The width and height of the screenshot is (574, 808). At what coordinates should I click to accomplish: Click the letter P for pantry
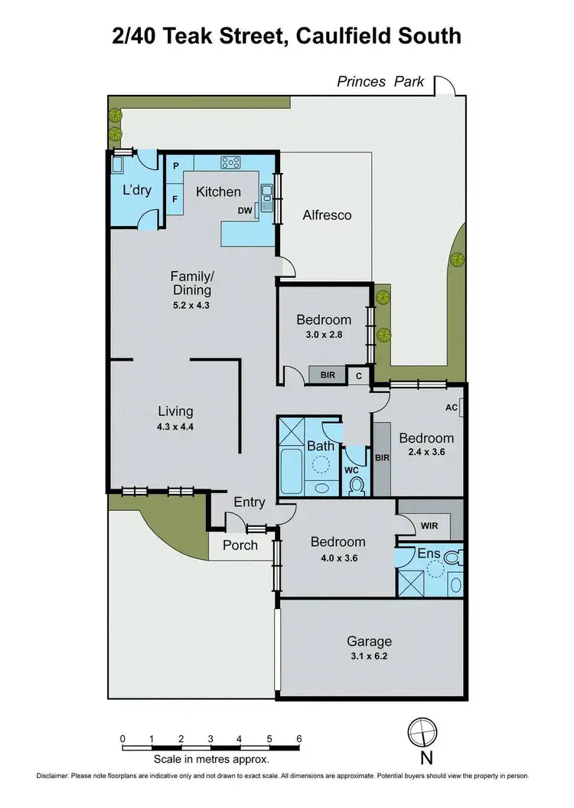pyautogui.click(x=175, y=166)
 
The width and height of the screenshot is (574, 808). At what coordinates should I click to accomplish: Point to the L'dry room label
pyautogui.click(x=137, y=191)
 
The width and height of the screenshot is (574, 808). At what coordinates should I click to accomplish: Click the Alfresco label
pyautogui.click(x=326, y=215)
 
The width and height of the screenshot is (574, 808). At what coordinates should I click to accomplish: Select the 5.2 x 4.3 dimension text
pyautogui.click(x=191, y=304)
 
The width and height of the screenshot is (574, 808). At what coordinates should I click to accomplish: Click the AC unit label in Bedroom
pyautogui.click(x=451, y=407)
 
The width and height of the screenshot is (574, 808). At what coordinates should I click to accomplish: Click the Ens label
pyautogui.click(x=428, y=552)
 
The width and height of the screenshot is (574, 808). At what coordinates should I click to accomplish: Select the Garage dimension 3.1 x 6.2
pyautogui.click(x=369, y=656)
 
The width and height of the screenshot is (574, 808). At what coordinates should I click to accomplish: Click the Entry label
pyautogui.click(x=249, y=502)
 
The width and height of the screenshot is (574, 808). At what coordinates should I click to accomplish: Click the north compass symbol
pyautogui.click(x=420, y=731)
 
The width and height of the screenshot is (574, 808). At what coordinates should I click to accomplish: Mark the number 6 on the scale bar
pyautogui.click(x=298, y=738)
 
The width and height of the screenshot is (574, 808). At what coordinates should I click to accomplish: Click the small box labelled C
pyautogui.click(x=358, y=375)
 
